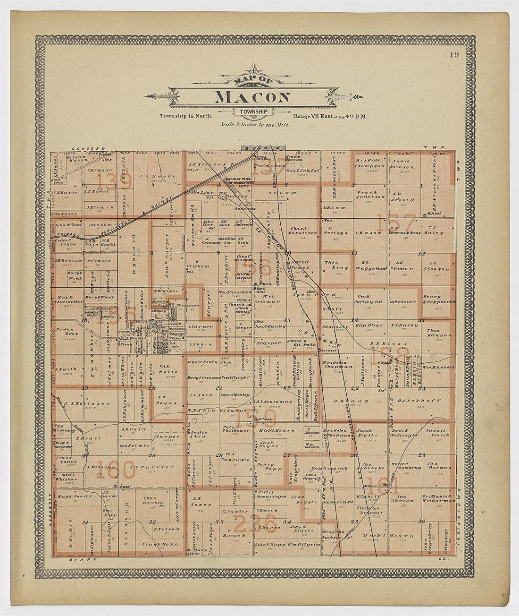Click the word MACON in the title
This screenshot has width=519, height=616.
tap(253, 97)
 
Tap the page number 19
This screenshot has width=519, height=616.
tap(454, 54)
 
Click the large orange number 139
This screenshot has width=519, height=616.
tap(113, 181)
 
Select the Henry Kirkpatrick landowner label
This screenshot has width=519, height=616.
tap(439, 299)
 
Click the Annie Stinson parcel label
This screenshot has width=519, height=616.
tap(402, 164)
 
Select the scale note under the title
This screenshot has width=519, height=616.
tap(254, 125)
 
